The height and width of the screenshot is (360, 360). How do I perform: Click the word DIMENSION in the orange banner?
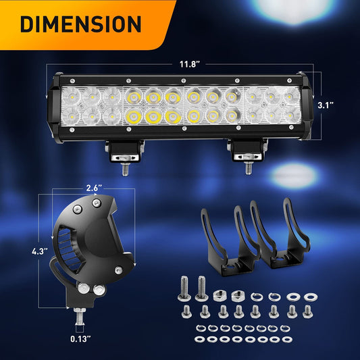tap(80, 24)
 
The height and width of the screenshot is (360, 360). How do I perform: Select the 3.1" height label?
tap(327, 105)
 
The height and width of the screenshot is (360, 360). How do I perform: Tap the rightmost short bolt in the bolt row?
tap(309, 312)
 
